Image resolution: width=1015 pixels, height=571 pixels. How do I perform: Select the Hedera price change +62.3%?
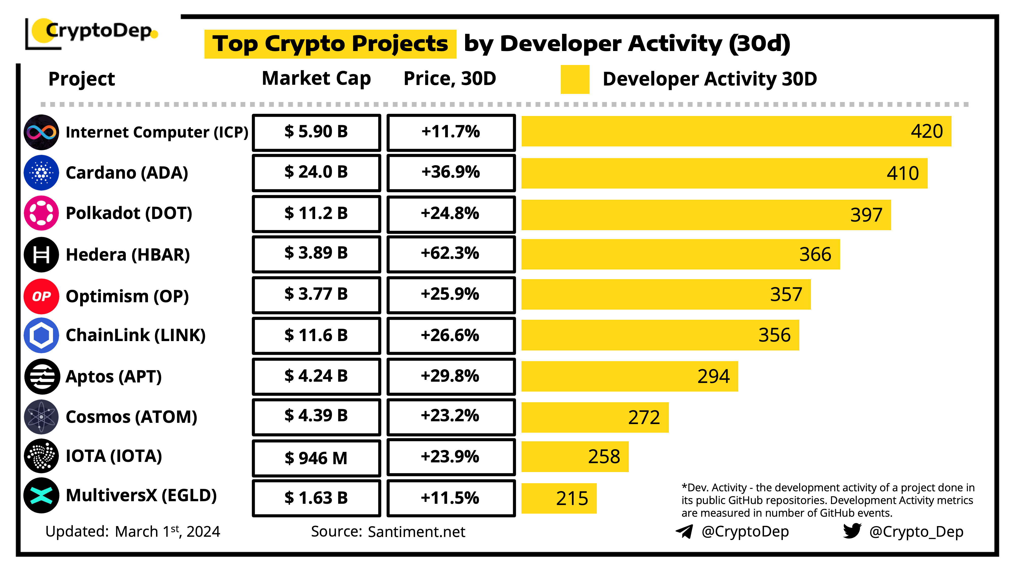click(450, 253)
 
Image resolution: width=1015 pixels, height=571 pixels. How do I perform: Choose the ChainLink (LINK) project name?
click(136, 335)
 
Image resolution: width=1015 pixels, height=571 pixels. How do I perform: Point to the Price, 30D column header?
click(450, 78)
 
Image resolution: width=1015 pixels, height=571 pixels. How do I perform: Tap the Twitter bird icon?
click(852, 531)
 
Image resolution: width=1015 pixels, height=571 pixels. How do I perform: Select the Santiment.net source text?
click(416, 532)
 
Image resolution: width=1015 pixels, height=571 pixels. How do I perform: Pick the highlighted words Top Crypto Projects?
click(330, 44)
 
